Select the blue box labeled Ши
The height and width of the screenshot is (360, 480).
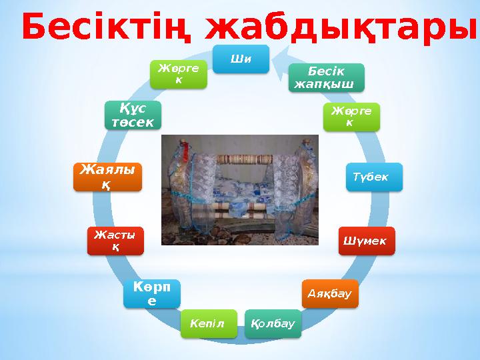241,59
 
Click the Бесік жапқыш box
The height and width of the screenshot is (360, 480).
327,78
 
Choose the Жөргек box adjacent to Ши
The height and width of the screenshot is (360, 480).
178,74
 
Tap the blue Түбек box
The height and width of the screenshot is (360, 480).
373,177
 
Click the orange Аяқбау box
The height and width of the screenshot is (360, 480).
330,294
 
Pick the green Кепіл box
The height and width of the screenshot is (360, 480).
208,323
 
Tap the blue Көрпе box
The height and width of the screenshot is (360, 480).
151,293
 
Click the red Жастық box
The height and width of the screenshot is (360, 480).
115,241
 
